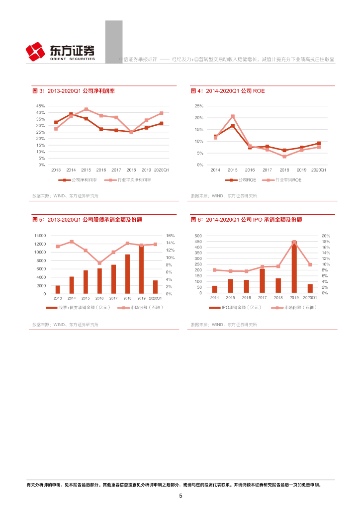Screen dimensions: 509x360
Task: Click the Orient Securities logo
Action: point(60,52)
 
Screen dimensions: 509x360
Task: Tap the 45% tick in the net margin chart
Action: point(41,106)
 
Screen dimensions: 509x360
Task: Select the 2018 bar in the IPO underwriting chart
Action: point(278,285)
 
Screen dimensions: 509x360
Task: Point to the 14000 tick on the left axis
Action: point(40,236)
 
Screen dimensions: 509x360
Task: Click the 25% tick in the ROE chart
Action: point(199,106)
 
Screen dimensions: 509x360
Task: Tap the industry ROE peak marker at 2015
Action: point(232,117)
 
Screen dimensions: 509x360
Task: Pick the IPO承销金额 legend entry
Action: point(235,308)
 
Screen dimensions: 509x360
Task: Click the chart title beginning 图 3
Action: point(74,91)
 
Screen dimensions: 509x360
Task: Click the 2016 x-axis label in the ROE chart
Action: point(250,170)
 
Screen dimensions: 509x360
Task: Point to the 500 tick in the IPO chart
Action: point(198,236)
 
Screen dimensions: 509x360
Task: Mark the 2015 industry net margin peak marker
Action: point(86,109)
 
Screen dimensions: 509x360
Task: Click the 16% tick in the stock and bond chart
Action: point(170,236)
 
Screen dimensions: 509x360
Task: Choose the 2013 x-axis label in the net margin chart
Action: point(56,170)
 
